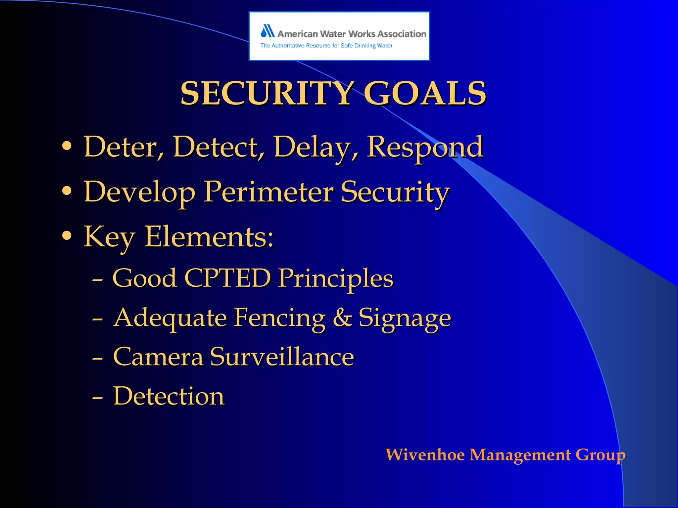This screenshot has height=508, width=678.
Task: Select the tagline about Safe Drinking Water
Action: [326, 46]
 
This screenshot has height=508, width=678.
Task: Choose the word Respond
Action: [425, 147]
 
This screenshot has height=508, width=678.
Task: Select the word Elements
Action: [209, 237]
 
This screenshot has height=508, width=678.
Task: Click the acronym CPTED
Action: [227, 278]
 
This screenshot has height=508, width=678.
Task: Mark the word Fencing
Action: [280, 318]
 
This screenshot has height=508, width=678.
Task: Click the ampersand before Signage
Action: [342, 317]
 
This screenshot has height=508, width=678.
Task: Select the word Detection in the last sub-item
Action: [169, 396]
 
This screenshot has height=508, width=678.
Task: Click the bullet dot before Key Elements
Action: [67, 236]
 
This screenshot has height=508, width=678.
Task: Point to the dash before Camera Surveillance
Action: [97, 358]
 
